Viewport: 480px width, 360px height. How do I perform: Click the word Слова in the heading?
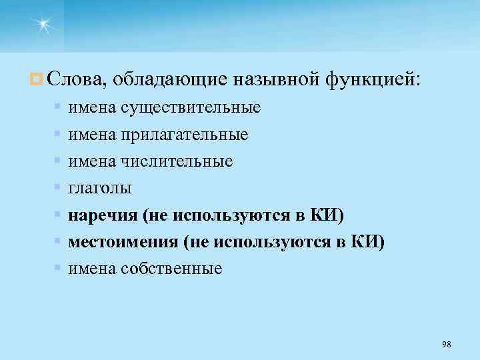(74, 80)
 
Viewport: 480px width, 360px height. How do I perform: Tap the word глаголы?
(100, 189)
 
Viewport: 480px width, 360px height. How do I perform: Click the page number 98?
(446, 343)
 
